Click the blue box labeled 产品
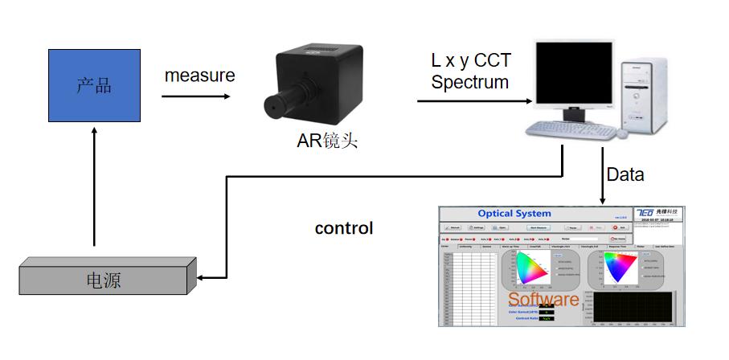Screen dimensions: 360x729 (x=93, y=85)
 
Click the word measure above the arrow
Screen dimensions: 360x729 (x=200, y=76)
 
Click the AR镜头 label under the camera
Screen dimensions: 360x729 (x=326, y=142)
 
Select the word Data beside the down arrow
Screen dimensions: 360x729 (x=625, y=174)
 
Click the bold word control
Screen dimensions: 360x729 (x=344, y=228)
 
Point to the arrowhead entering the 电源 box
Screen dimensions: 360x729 (x=203, y=278)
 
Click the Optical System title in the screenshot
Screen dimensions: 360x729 (x=514, y=214)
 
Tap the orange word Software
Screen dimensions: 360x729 (x=543, y=300)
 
